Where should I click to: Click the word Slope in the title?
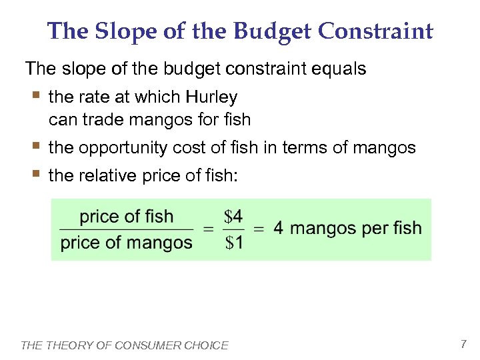(x=125, y=31)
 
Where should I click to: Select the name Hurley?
(x=211, y=97)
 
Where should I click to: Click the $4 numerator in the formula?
(x=233, y=217)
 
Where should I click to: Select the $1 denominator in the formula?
(x=233, y=243)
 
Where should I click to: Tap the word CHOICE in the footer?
(x=207, y=345)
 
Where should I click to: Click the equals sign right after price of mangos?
(x=207, y=229)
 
